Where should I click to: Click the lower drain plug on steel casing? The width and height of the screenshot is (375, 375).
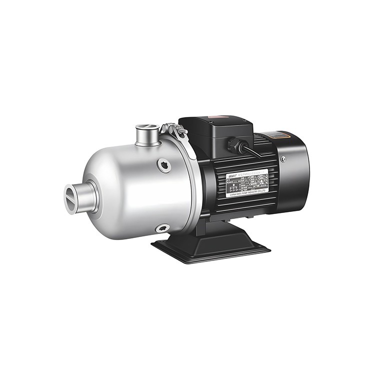tap(161, 228)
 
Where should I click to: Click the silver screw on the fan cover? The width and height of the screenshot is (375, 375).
tap(283, 159)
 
